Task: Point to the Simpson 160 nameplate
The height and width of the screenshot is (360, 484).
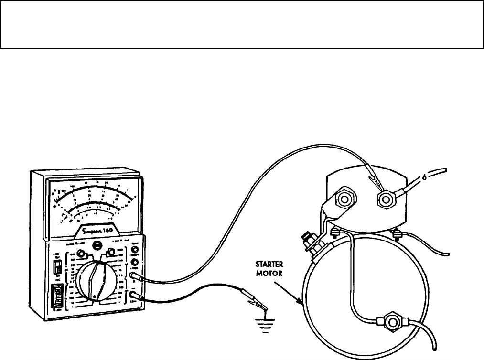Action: pyautogui.click(x=100, y=230)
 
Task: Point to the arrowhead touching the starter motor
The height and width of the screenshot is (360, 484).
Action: pyautogui.click(x=300, y=302)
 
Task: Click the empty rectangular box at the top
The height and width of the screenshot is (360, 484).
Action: pyautogui.click(x=242, y=24)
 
